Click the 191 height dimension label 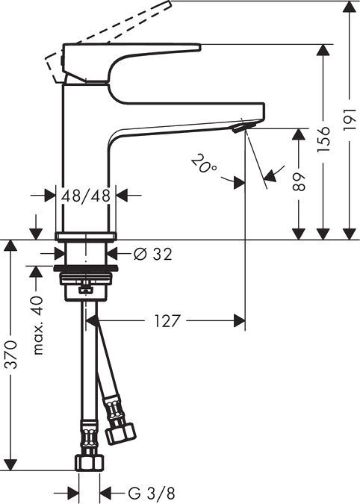tap(349, 119)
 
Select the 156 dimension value tap(323, 139)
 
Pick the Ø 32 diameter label tap(152, 255)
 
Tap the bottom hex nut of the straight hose tap(88, 461)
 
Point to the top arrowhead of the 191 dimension tap(349, 6)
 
